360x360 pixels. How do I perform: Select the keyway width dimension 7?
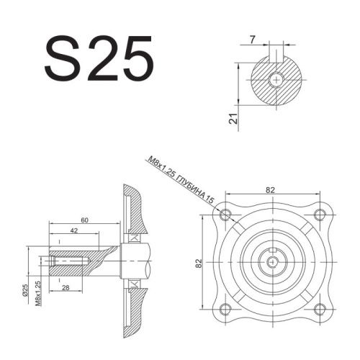(253, 40)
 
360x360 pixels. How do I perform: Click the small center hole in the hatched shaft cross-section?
(277, 78)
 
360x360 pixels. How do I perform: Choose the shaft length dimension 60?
(84, 219)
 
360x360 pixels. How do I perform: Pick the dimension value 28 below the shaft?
(67, 288)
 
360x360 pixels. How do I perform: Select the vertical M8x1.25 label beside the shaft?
(37, 293)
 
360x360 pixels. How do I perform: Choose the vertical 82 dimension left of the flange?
(199, 264)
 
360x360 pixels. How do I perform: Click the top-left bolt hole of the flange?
(226, 215)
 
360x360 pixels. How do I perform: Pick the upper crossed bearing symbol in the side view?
(132, 238)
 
